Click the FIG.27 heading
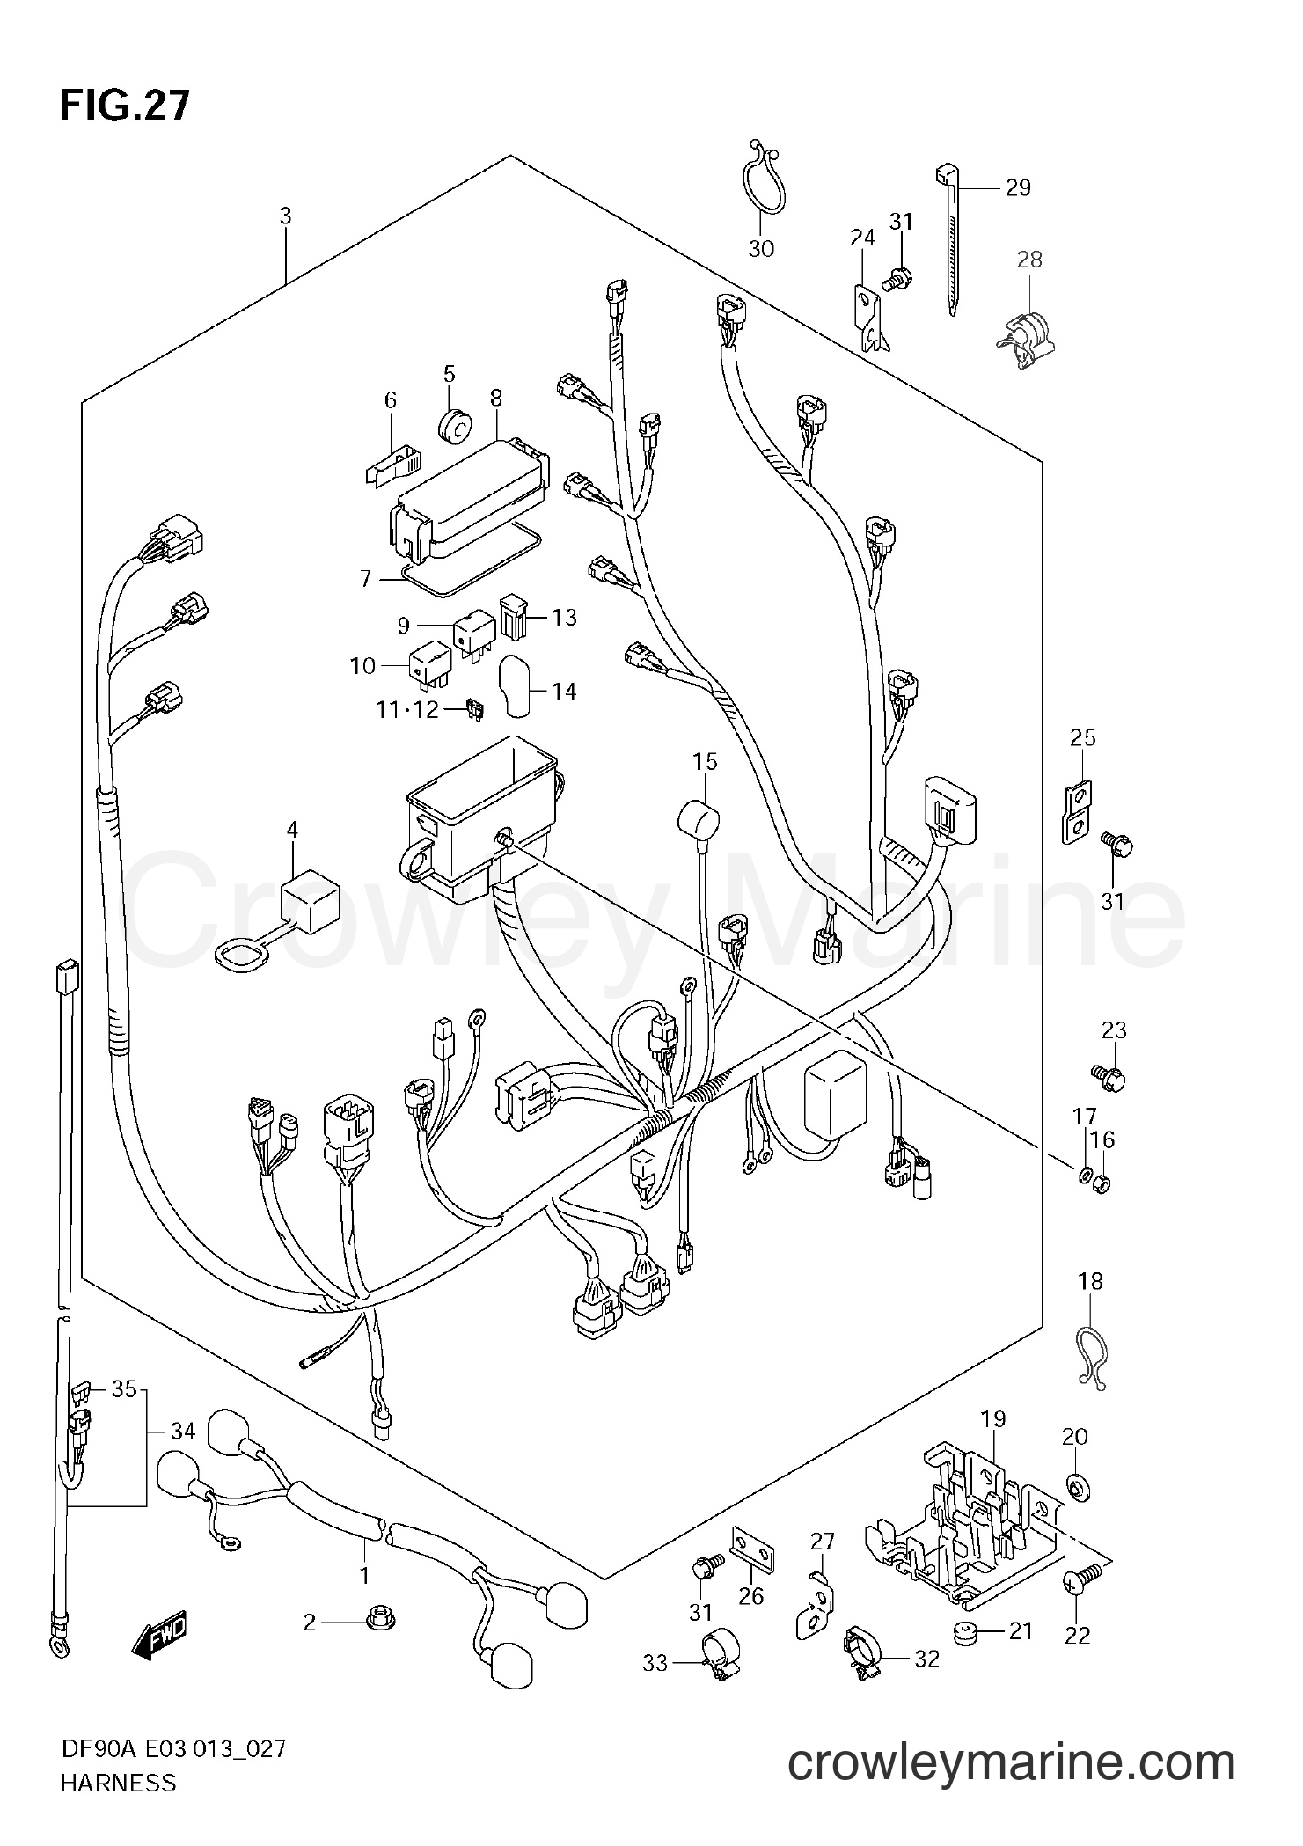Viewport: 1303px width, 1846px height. (124, 106)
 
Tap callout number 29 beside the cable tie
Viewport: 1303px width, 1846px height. (1017, 187)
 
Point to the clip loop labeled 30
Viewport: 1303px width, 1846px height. (759, 180)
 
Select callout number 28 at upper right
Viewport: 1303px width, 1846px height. (1028, 259)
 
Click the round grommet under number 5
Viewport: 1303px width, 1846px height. (455, 425)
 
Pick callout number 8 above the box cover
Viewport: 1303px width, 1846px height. (496, 397)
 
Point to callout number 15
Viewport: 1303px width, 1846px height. (705, 761)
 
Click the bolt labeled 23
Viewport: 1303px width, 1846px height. (1112, 1076)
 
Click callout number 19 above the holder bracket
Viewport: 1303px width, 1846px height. (993, 1419)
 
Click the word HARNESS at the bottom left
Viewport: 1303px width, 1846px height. (118, 1807)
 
